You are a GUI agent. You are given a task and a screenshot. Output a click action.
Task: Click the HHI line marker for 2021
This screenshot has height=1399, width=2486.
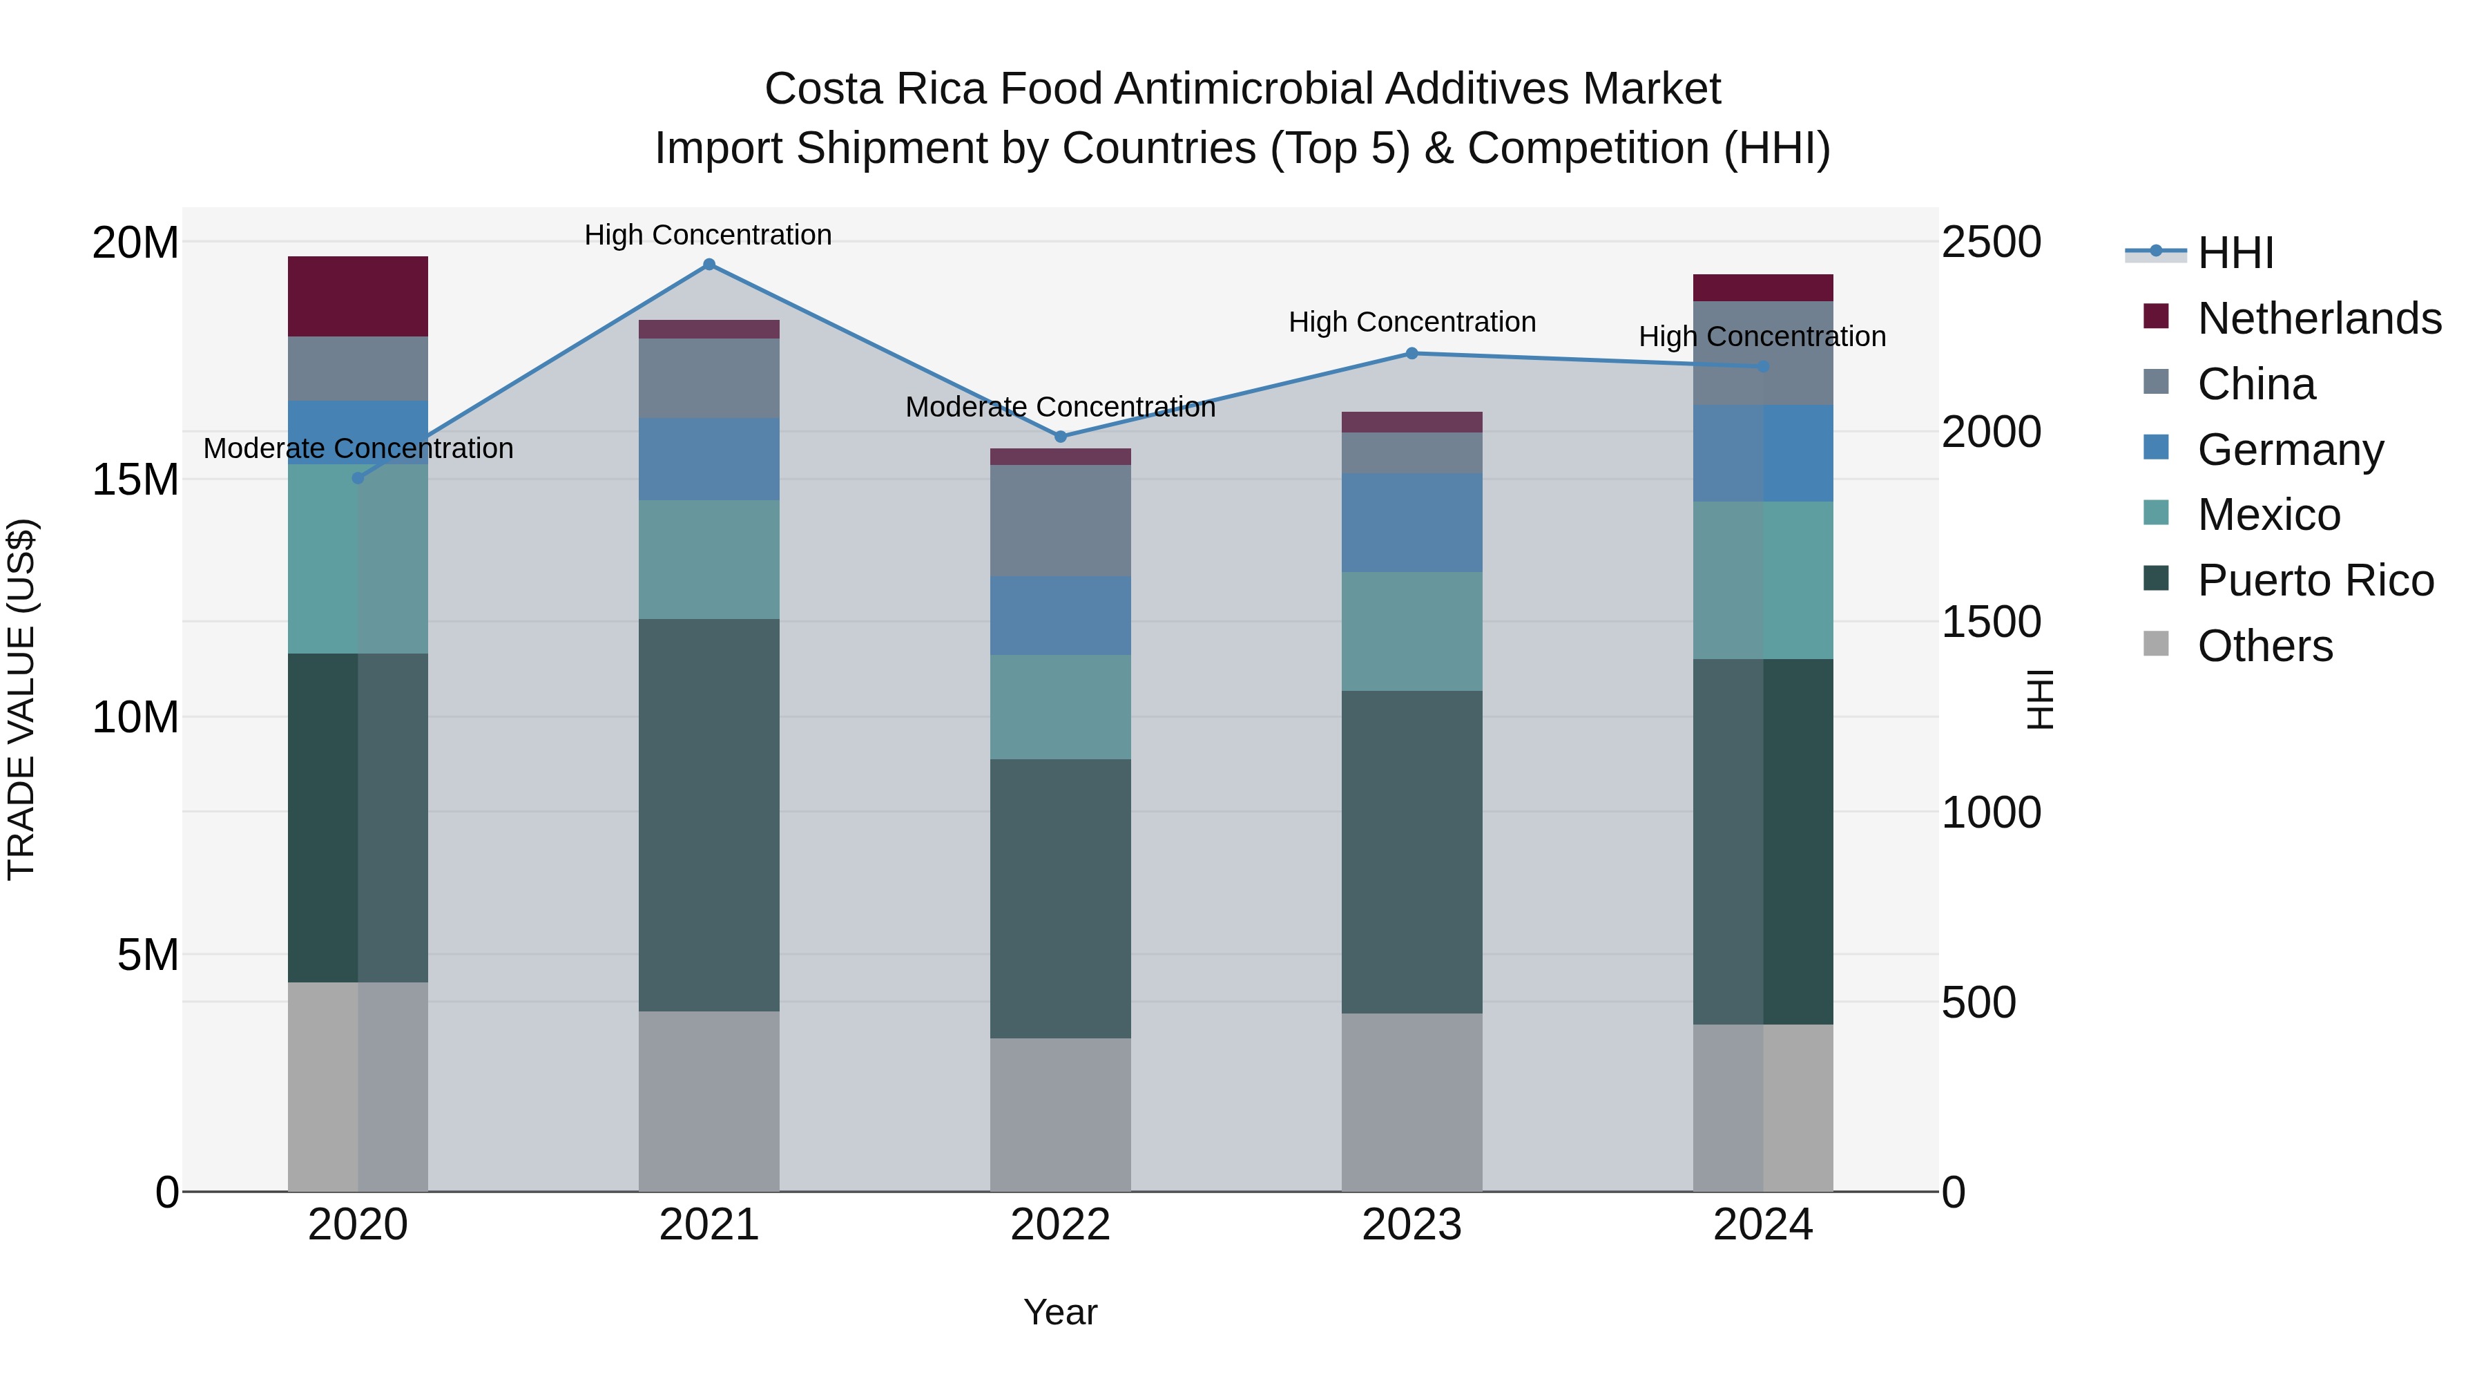coord(709,265)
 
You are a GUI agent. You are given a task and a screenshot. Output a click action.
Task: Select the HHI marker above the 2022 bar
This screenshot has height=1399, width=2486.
coord(1061,437)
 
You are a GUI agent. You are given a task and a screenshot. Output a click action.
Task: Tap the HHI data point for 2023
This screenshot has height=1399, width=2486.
coord(1412,353)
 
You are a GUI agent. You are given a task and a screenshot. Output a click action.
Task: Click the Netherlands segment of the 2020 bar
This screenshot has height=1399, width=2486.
coord(358,296)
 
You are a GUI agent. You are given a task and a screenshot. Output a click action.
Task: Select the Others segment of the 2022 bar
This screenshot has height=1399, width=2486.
coord(1061,1114)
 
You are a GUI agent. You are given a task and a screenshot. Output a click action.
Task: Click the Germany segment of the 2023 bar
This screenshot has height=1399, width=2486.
coord(1412,522)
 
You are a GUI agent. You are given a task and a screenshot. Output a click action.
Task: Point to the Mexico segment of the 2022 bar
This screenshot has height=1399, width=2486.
coord(1061,707)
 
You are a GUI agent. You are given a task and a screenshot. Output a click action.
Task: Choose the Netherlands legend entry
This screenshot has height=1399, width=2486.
coord(2319,318)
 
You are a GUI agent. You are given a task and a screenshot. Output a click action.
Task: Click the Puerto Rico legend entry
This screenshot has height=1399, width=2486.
coord(2315,580)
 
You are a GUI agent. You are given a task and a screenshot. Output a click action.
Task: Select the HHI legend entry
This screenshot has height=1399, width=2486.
coord(2235,253)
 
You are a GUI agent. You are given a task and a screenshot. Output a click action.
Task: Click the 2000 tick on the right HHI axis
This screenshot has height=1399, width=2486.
coord(1991,432)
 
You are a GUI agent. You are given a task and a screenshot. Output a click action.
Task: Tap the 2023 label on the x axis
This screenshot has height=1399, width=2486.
coord(1412,1225)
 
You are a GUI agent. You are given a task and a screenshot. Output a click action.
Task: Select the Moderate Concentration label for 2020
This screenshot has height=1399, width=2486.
coord(358,449)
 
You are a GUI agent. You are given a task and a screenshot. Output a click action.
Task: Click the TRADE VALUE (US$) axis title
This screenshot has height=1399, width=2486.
coord(21,699)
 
